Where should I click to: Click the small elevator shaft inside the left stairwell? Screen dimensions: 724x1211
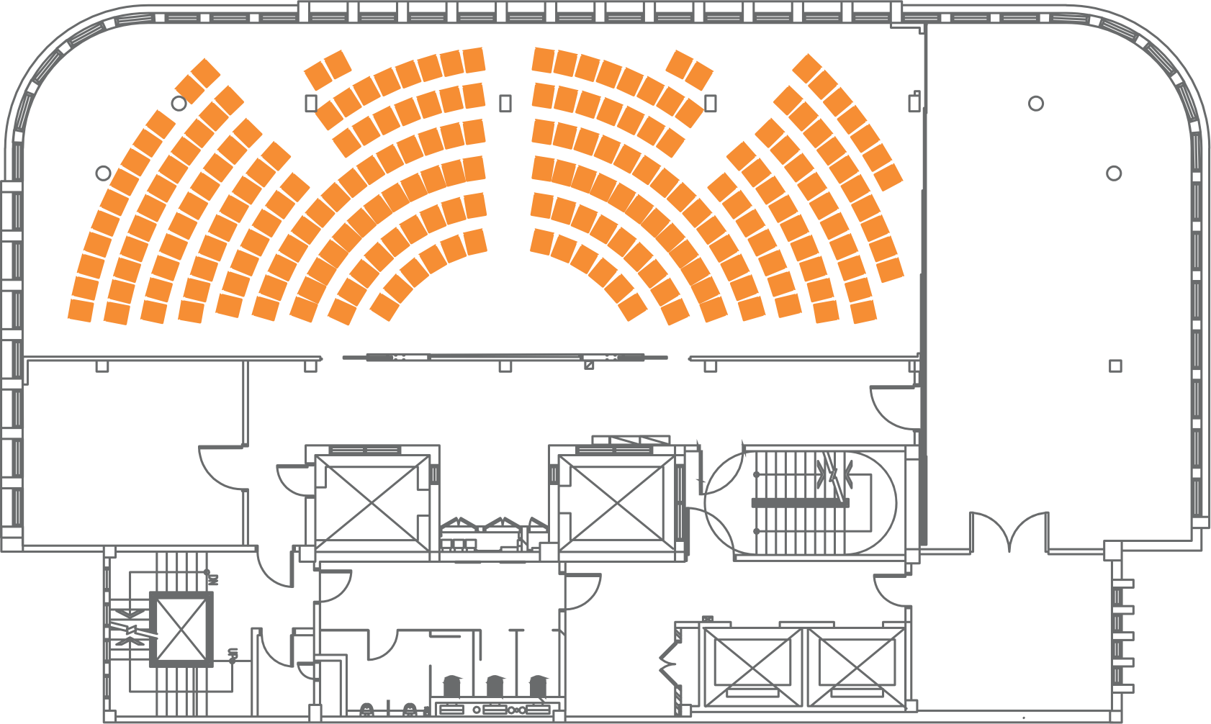[x=181, y=630]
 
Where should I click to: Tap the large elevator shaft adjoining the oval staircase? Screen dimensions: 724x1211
[x=616, y=504]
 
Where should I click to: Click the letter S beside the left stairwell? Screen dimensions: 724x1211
[x=233, y=653]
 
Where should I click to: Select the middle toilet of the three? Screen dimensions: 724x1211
[x=495, y=684]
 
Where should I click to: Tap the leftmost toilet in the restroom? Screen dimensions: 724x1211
[x=451, y=684]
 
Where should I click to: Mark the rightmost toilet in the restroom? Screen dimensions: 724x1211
[x=538, y=684]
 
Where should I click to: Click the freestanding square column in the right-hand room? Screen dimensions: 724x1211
[x=1115, y=366]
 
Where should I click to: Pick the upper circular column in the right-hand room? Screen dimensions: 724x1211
[x=1036, y=104]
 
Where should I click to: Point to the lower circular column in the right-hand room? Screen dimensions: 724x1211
[x=1114, y=173]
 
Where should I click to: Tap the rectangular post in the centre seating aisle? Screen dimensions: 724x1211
[x=505, y=104]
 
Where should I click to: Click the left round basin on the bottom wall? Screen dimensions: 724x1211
[x=366, y=710]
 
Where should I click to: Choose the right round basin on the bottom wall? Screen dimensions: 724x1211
[x=410, y=710]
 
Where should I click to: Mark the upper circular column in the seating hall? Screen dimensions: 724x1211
[x=179, y=104]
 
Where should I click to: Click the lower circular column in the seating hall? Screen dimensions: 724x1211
[x=104, y=173]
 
